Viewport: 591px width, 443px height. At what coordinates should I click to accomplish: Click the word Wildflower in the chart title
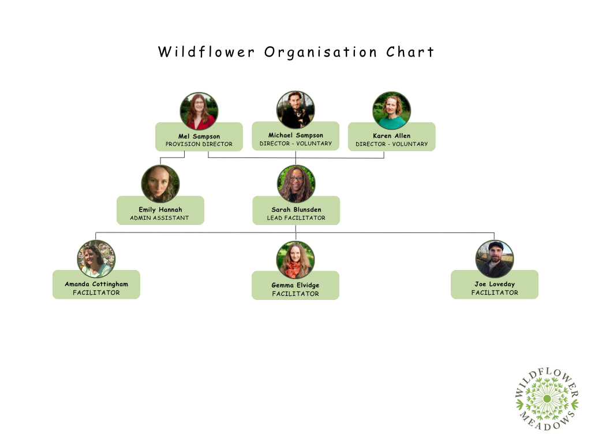coord(206,52)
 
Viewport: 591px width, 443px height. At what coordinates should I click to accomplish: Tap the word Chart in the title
coord(410,52)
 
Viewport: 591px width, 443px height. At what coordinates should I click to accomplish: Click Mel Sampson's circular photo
coord(199,111)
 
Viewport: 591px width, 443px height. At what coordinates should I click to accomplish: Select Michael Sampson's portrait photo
coord(295,110)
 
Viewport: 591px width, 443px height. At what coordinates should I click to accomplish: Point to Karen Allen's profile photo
coord(392,111)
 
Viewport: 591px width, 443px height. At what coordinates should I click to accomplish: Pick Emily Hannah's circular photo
coord(160,184)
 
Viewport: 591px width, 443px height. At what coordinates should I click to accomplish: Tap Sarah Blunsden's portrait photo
coord(296,184)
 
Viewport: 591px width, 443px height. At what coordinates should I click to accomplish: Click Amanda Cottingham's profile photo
coord(96,259)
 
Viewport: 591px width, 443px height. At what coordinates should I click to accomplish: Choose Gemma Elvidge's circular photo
coord(295,260)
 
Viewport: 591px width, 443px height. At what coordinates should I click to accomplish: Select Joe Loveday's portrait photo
coord(495,259)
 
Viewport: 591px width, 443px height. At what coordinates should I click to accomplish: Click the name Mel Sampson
coord(199,137)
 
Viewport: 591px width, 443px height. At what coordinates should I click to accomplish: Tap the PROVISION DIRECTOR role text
coord(199,144)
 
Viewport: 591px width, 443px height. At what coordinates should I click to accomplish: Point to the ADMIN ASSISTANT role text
coord(159,218)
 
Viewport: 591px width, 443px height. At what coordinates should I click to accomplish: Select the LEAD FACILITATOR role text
coord(296,218)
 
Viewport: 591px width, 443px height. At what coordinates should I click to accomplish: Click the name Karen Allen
coord(392,136)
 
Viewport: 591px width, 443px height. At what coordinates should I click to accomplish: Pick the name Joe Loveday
coord(495,284)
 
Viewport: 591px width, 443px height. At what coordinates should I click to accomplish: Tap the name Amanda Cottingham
coord(96,284)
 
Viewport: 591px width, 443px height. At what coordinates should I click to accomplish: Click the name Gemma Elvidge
coord(295,286)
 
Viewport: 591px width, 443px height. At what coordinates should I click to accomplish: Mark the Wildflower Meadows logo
coord(547,398)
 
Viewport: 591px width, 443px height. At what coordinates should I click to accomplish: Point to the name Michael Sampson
coord(295,136)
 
